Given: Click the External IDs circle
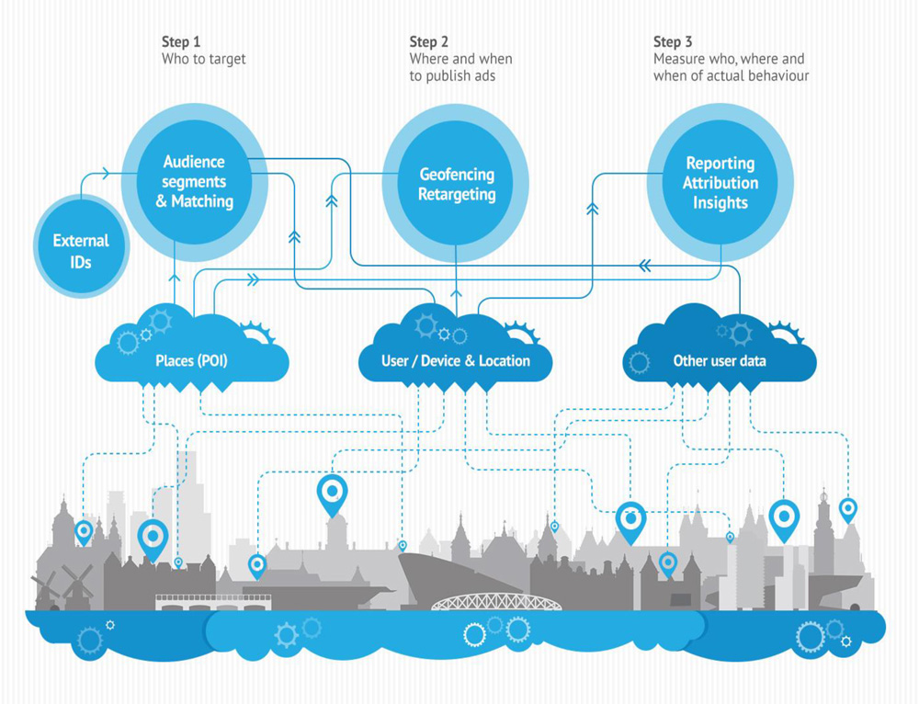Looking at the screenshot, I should [81, 251].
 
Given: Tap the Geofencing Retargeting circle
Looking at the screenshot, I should [456, 184].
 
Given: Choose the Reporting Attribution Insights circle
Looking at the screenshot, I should [720, 182].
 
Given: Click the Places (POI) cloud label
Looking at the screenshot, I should [191, 361].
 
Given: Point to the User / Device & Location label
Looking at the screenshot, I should [456, 361].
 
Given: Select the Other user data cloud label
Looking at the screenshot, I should [720, 361].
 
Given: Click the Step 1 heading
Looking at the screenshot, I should [181, 42].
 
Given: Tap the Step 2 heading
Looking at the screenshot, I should [429, 42].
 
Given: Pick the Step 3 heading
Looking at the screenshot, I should [674, 42].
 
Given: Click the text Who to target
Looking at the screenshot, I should [204, 60].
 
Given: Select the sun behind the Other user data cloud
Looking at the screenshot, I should [788, 332].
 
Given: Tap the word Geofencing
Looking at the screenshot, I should [457, 175].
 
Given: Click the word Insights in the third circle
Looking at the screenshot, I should [720, 203].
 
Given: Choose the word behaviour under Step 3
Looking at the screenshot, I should [777, 76].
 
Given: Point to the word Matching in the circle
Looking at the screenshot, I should [201, 201].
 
